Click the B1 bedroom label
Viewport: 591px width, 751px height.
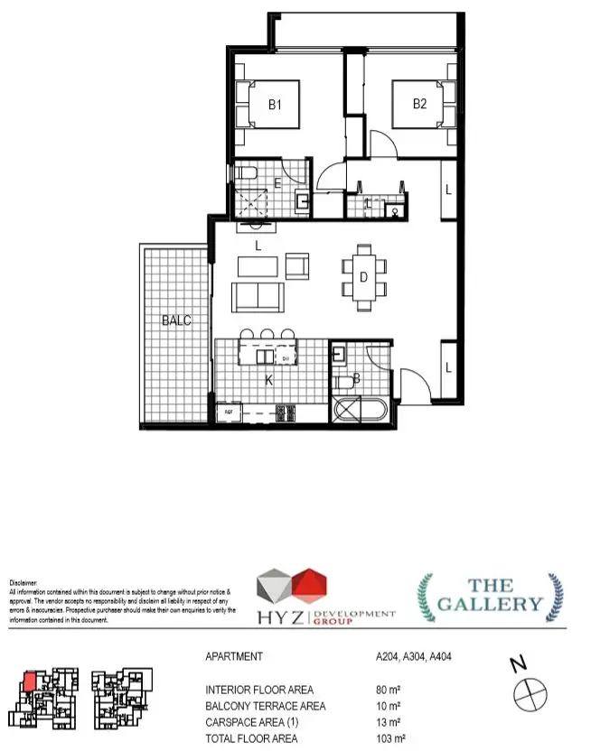(275, 105)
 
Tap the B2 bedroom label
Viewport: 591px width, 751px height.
(419, 104)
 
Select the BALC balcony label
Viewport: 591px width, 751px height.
(176, 320)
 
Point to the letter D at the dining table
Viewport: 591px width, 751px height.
(363, 278)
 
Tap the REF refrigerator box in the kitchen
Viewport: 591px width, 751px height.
(229, 413)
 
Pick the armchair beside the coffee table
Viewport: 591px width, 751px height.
(297, 265)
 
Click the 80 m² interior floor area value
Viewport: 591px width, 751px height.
(388, 690)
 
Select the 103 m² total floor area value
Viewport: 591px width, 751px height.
(390, 738)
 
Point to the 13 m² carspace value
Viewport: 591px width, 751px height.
(388, 722)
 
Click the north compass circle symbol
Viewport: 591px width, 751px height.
(530, 696)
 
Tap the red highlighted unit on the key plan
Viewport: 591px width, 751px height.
(29, 681)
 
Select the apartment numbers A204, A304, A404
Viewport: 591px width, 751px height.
(413, 657)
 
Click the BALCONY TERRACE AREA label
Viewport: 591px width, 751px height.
(265, 706)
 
